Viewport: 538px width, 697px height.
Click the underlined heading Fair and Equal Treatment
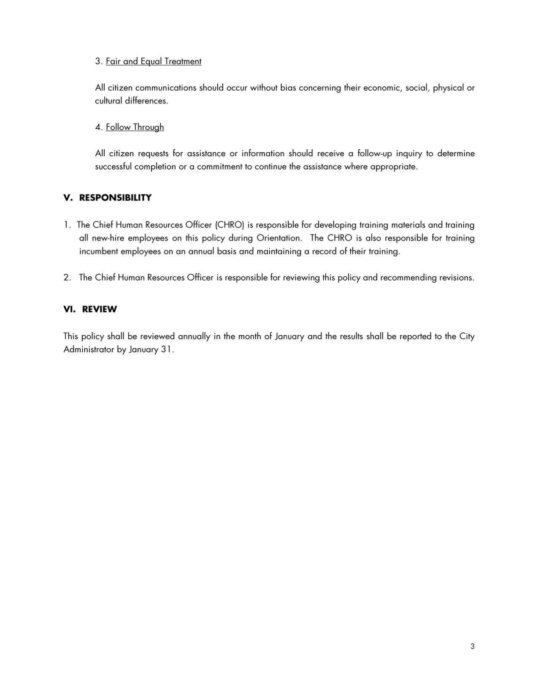[153, 61]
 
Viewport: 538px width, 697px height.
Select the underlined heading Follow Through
[135, 127]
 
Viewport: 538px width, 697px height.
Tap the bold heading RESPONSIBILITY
[115, 198]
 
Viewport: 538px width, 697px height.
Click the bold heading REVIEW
[99, 309]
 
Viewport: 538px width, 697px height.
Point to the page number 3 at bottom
[472, 646]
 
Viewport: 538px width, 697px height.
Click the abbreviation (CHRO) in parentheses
[230, 225]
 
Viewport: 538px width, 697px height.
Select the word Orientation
[279, 238]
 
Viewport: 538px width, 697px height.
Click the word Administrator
[89, 350]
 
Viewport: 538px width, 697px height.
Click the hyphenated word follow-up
[375, 153]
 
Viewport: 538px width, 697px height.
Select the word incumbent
[99, 251]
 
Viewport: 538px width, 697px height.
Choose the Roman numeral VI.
[69, 309]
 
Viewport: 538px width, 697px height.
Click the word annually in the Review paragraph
[195, 337]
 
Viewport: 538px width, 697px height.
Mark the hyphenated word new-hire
[108, 238]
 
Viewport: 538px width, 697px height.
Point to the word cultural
[108, 101]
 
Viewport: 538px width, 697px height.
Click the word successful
[114, 166]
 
